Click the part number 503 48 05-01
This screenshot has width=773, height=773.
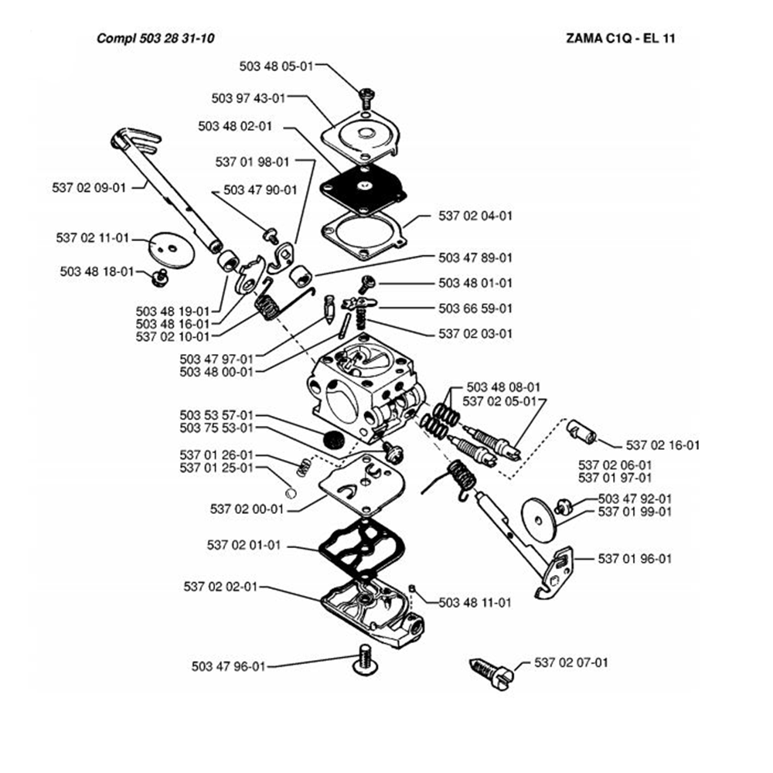(277, 66)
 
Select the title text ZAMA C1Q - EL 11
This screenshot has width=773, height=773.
(615, 38)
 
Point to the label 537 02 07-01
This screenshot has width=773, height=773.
(571, 662)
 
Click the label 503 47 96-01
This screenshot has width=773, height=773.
(228, 666)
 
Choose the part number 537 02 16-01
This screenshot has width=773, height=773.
(662, 445)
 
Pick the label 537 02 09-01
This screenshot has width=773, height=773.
(88, 186)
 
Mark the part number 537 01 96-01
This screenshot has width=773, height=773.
(635, 558)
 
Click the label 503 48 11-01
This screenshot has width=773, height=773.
(475, 601)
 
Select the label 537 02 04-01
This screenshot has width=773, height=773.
(475, 216)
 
